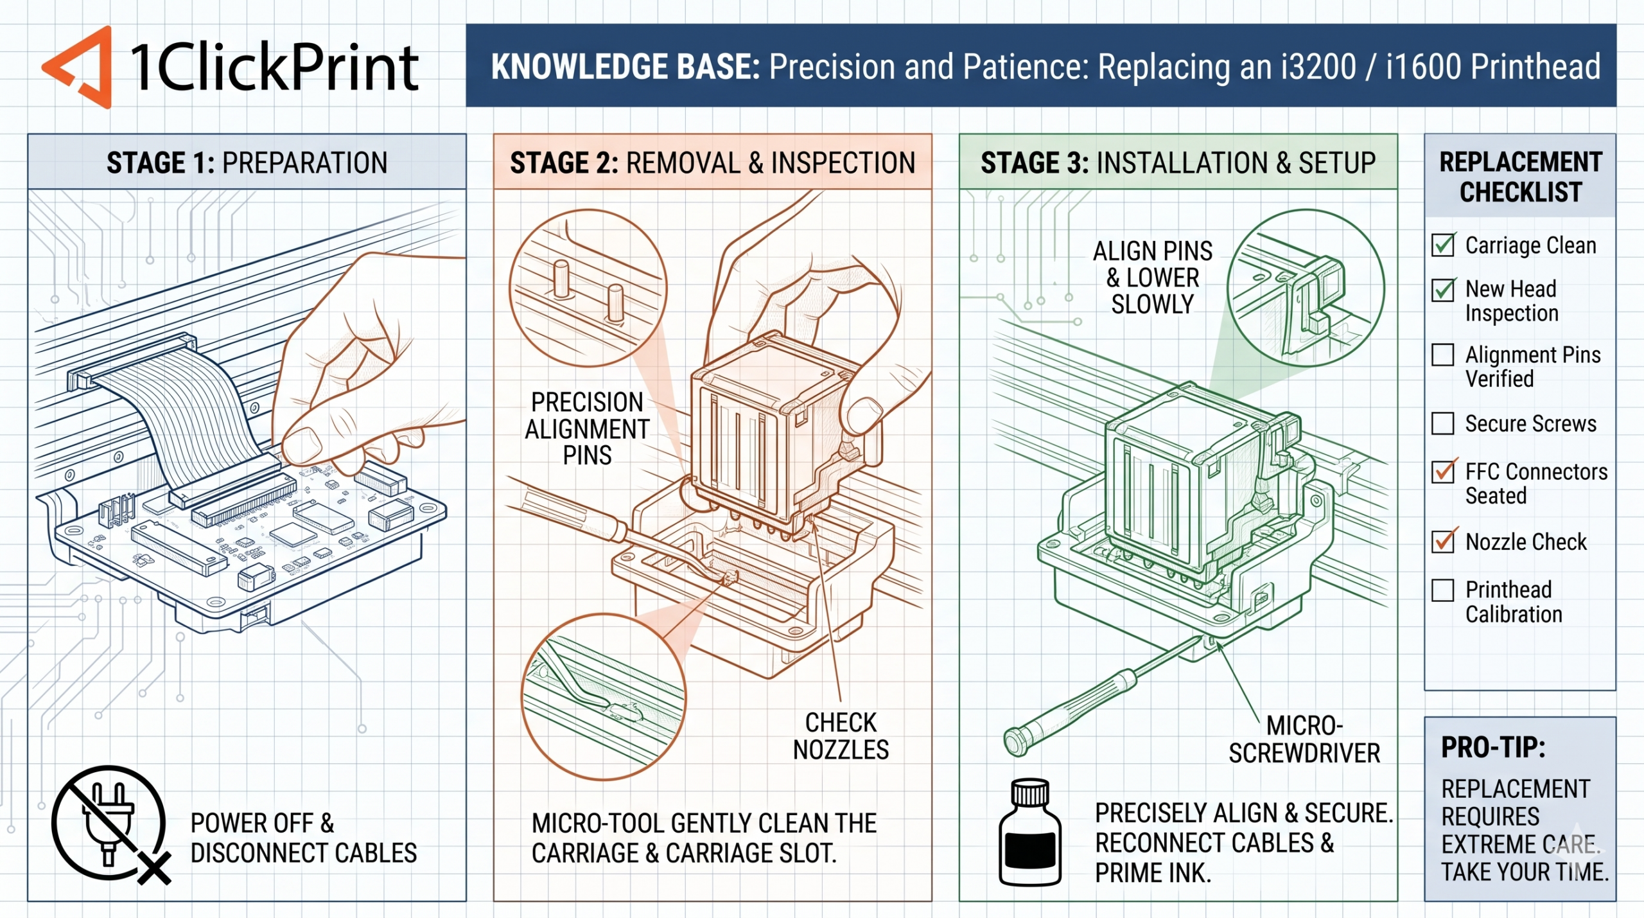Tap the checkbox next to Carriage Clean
click(1443, 245)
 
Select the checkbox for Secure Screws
click(1443, 423)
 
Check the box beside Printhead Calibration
click(1443, 590)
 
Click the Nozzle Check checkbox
click(1443, 542)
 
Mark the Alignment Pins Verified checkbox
click(1443, 355)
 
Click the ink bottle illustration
click(1030, 833)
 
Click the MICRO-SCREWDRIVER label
click(1304, 739)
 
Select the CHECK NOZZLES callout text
click(841, 736)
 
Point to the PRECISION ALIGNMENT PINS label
click(587, 428)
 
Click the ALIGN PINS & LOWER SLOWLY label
click(1153, 278)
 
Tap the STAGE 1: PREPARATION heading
click(247, 163)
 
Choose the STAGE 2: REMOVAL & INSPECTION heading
click(712, 163)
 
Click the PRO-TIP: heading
click(1492, 747)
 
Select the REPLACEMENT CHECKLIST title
click(1520, 177)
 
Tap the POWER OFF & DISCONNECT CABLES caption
click(303, 838)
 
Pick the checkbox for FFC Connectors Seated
click(1443, 472)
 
